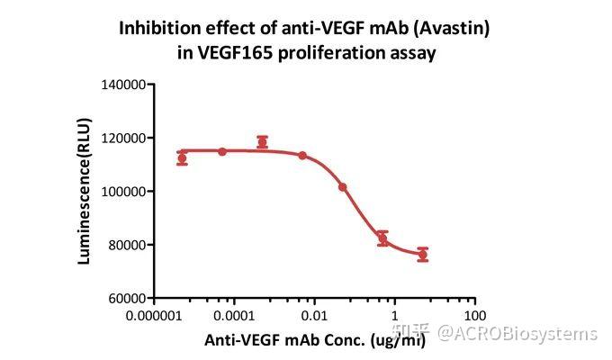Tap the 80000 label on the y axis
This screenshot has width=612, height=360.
[125, 245]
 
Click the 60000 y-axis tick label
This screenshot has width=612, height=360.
[125, 298]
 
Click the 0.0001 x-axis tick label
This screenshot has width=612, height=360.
[235, 317]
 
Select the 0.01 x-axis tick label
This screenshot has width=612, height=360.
[314, 317]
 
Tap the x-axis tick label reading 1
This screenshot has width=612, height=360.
[394, 317]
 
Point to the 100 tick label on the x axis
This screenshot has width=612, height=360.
[474, 317]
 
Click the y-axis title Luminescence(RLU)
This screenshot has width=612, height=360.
[85, 190]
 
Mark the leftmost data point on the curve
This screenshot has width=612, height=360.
[182, 158]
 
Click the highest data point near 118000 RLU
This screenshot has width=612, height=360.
[262, 142]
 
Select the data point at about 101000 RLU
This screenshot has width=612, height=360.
[342, 187]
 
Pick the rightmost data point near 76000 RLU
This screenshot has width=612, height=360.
[422, 255]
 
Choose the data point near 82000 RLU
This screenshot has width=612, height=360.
[382, 238]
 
